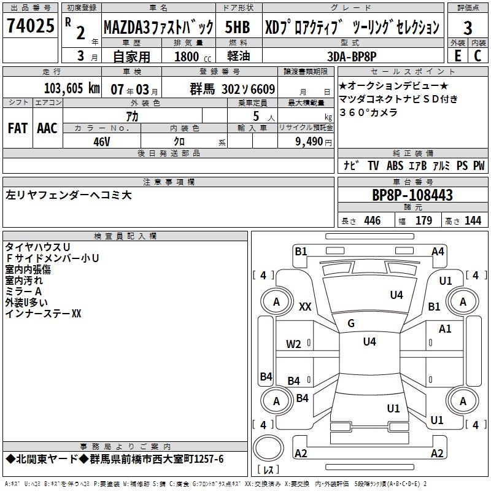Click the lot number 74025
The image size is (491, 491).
click(31, 26)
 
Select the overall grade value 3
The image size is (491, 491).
click(468, 28)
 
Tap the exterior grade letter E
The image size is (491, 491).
click(457, 56)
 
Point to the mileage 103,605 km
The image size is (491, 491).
click(72, 88)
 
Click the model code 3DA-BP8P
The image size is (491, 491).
click(352, 56)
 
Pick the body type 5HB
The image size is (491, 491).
click(238, 27)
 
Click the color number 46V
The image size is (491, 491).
click(102, 142)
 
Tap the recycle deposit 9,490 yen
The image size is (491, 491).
click(314, 142)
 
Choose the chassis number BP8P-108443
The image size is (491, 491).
click(412, 195)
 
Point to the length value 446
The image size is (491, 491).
click(373, 220)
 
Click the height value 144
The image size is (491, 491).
click(473, 220)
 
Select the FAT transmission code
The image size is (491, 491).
click(18, 128)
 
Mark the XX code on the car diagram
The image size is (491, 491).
click(305, 306)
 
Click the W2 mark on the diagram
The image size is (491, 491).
click(293, 344)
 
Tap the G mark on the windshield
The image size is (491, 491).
click(351, 323)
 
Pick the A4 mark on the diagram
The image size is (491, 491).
click(438, 252)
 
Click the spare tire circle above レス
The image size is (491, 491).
click(268, 447)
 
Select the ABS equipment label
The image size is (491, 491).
click(395, 165)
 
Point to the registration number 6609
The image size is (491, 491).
click(263, 89)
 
